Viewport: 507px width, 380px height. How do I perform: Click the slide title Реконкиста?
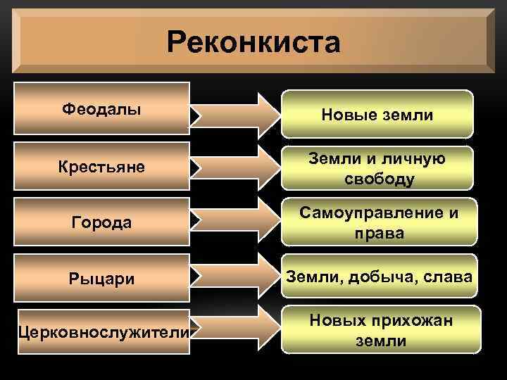[254, 42]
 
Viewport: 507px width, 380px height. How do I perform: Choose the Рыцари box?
[101, 279]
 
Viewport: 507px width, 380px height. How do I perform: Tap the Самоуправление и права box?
[377, 223]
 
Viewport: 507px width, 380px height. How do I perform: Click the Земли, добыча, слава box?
[377, 278]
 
